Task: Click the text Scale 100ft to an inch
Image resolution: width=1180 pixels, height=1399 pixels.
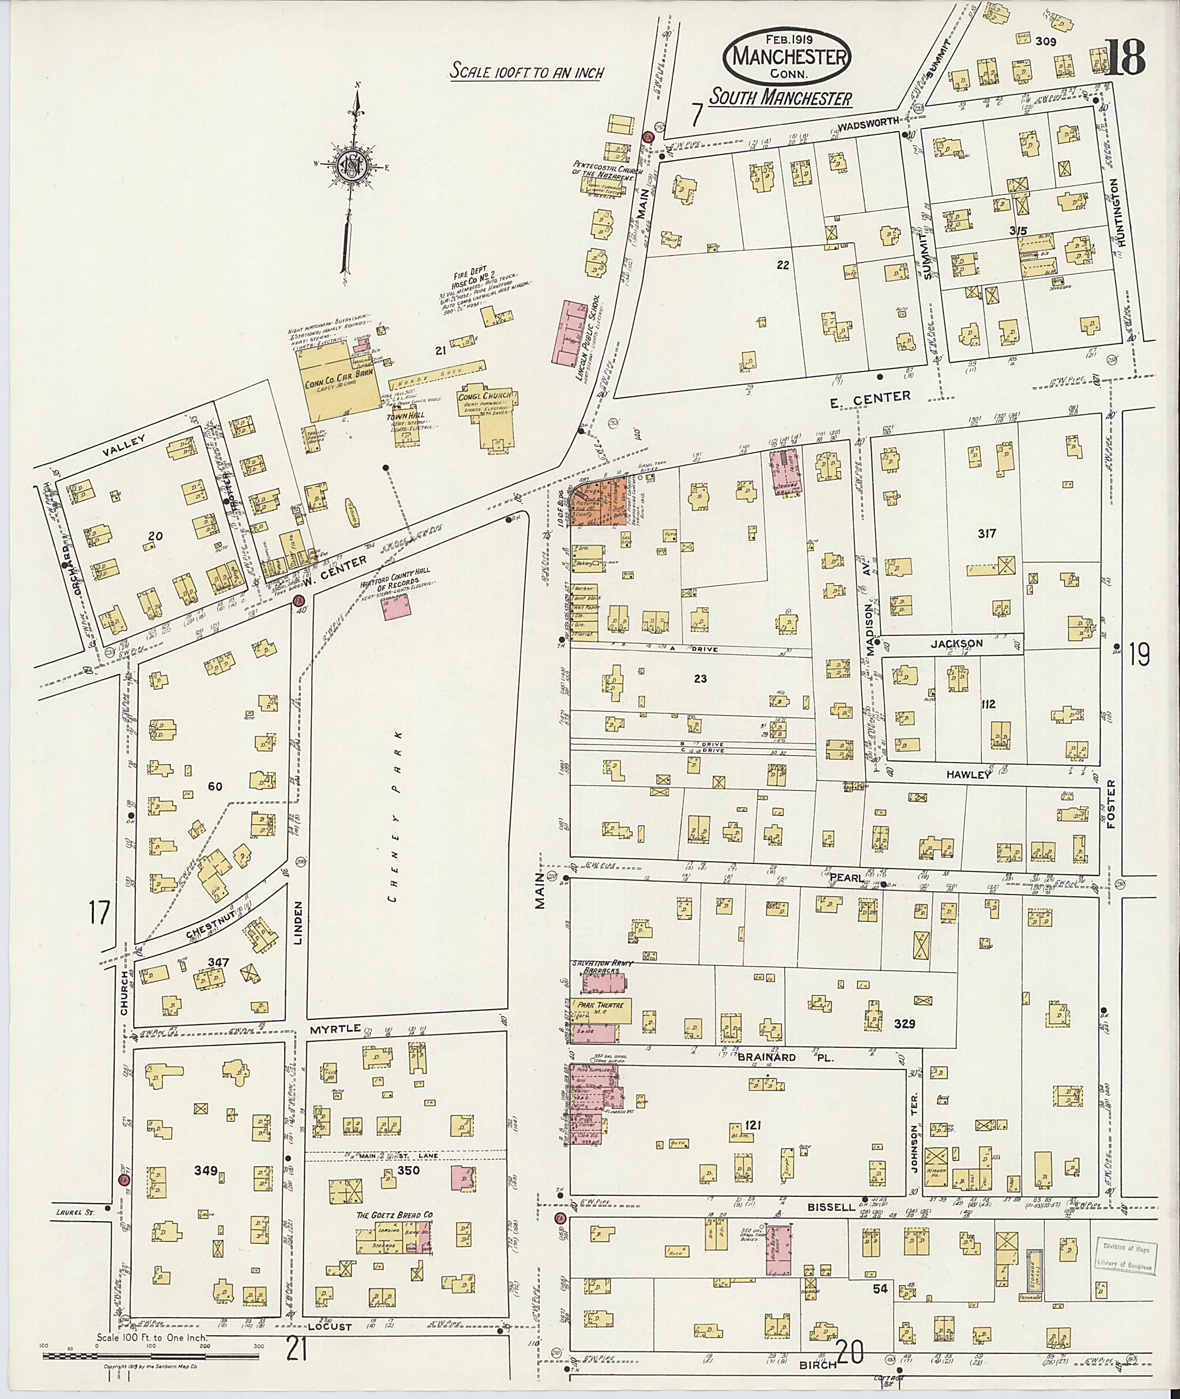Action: click(x=526, y=71)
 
